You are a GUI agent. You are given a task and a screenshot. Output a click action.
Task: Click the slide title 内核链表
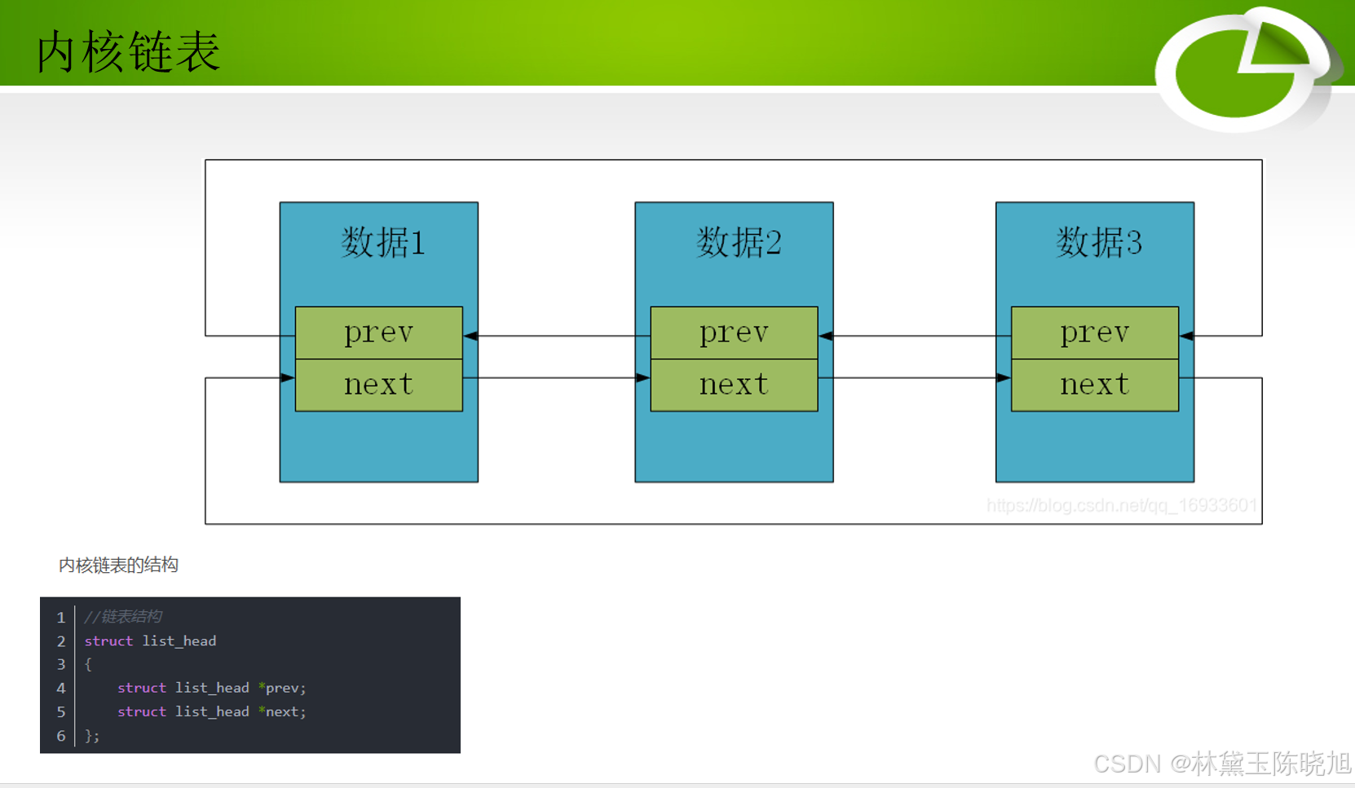pos(129,52)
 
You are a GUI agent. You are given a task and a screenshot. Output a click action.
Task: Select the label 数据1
pos(382,243)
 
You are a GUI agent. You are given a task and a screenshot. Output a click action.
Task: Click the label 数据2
pos(739,243)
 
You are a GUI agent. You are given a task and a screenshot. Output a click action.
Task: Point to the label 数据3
pos(1098,243)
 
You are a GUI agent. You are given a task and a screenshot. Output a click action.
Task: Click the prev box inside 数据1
pos(378,332)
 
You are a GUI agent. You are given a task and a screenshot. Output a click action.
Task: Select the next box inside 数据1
pos(378,385)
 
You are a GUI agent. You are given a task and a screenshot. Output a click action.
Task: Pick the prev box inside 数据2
pos(734,332)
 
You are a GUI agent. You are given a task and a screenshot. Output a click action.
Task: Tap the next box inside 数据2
pos(734,385)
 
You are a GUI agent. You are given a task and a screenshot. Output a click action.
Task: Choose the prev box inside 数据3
pos(1094,332)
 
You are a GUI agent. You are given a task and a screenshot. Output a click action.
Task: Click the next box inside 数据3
pos(1094,385)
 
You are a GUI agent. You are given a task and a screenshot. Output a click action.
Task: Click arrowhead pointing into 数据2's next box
pos(642,378)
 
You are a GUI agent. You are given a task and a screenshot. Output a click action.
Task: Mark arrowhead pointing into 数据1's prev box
pos(471,336)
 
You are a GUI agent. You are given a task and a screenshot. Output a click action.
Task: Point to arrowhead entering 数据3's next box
pos(1003,378)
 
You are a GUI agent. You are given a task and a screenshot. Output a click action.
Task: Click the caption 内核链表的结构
pos(118,565)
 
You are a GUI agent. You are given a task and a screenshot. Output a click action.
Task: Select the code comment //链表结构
pos(123,617)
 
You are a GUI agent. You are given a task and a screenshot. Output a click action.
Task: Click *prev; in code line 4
pos(282,688)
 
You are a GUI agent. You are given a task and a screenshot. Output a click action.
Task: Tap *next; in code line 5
pos(282,711)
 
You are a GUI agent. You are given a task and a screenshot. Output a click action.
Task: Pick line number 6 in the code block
pos(61,736)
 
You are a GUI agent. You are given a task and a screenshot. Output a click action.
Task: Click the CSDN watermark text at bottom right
pos(1221,764)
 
